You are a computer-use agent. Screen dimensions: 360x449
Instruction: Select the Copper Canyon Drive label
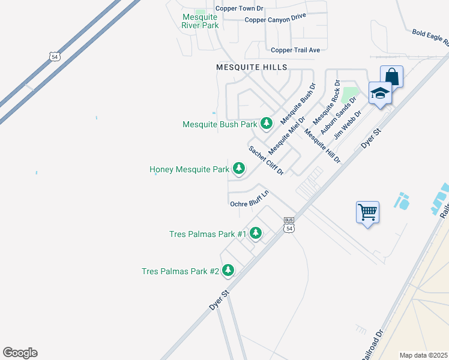coord(276,20)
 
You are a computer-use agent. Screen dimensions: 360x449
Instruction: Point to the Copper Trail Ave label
coord(295,50)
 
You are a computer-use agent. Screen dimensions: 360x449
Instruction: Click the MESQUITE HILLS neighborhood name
coord(252,67)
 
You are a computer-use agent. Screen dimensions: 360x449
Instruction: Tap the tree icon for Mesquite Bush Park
coord(267,124)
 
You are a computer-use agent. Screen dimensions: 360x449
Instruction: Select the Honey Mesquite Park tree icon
coord(239,169)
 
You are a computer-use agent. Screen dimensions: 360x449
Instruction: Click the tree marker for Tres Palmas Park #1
coord(256,233)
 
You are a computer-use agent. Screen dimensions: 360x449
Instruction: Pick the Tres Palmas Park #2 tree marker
coord(228,271)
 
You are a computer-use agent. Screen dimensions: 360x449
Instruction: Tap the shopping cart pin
coord(367,212)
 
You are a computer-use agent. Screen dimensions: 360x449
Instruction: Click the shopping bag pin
coord(391,77)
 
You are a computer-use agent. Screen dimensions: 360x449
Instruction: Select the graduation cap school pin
coord(380,93)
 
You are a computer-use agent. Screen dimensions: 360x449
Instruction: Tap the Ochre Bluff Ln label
coord(249,199)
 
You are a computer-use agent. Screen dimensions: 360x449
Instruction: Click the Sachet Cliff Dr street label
coord(266,160)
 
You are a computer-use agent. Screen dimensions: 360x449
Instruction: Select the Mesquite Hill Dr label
coord(322,146)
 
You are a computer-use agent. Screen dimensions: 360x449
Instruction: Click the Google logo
coord(20,353)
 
